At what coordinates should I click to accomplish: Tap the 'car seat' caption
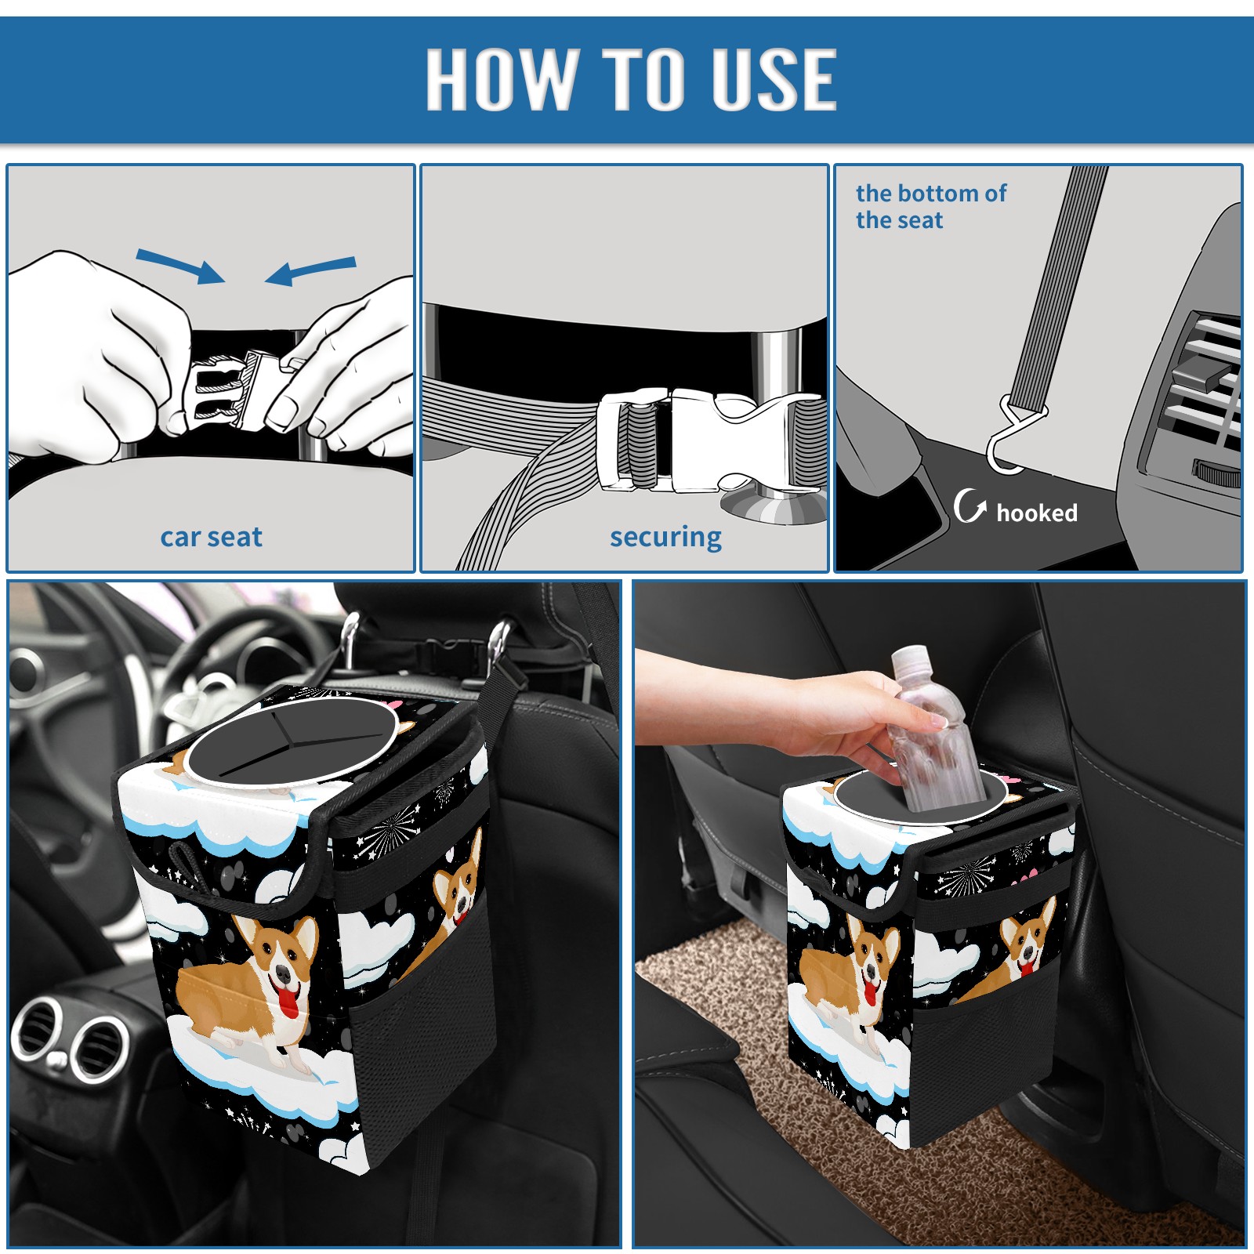click(211, 537)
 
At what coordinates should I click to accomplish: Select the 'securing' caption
click(665, 538)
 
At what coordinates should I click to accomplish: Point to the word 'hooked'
click(1037, 513)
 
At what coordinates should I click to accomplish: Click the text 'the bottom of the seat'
click(930, 206)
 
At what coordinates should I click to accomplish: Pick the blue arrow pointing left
click(310, 271)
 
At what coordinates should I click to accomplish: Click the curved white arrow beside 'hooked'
click(969, 506)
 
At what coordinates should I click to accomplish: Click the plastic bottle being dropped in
click(930, 730)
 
